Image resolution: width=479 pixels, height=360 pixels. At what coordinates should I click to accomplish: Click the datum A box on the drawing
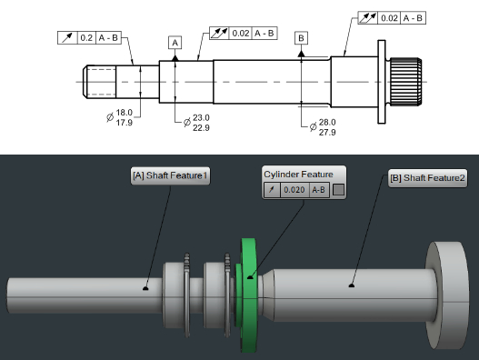click(175, 43)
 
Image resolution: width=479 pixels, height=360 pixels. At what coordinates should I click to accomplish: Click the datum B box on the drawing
click(301, 38)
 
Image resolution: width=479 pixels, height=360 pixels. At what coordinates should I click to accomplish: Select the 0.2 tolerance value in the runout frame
click(86, 37)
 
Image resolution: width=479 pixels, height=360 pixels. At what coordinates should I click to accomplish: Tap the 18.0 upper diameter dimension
click(124, 113)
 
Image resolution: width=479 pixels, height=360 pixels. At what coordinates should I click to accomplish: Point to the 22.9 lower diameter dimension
click(201, 128)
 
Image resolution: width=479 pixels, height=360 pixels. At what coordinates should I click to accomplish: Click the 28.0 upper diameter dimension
click(327, 122)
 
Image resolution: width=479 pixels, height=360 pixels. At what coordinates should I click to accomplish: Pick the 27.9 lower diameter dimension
click(327, 133)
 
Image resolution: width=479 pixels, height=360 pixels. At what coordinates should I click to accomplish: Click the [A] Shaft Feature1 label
click(170, 175)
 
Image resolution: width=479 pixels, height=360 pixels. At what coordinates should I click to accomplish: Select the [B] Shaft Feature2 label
click(428, 178)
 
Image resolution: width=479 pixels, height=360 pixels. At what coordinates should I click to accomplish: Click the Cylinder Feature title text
click(298, 175)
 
